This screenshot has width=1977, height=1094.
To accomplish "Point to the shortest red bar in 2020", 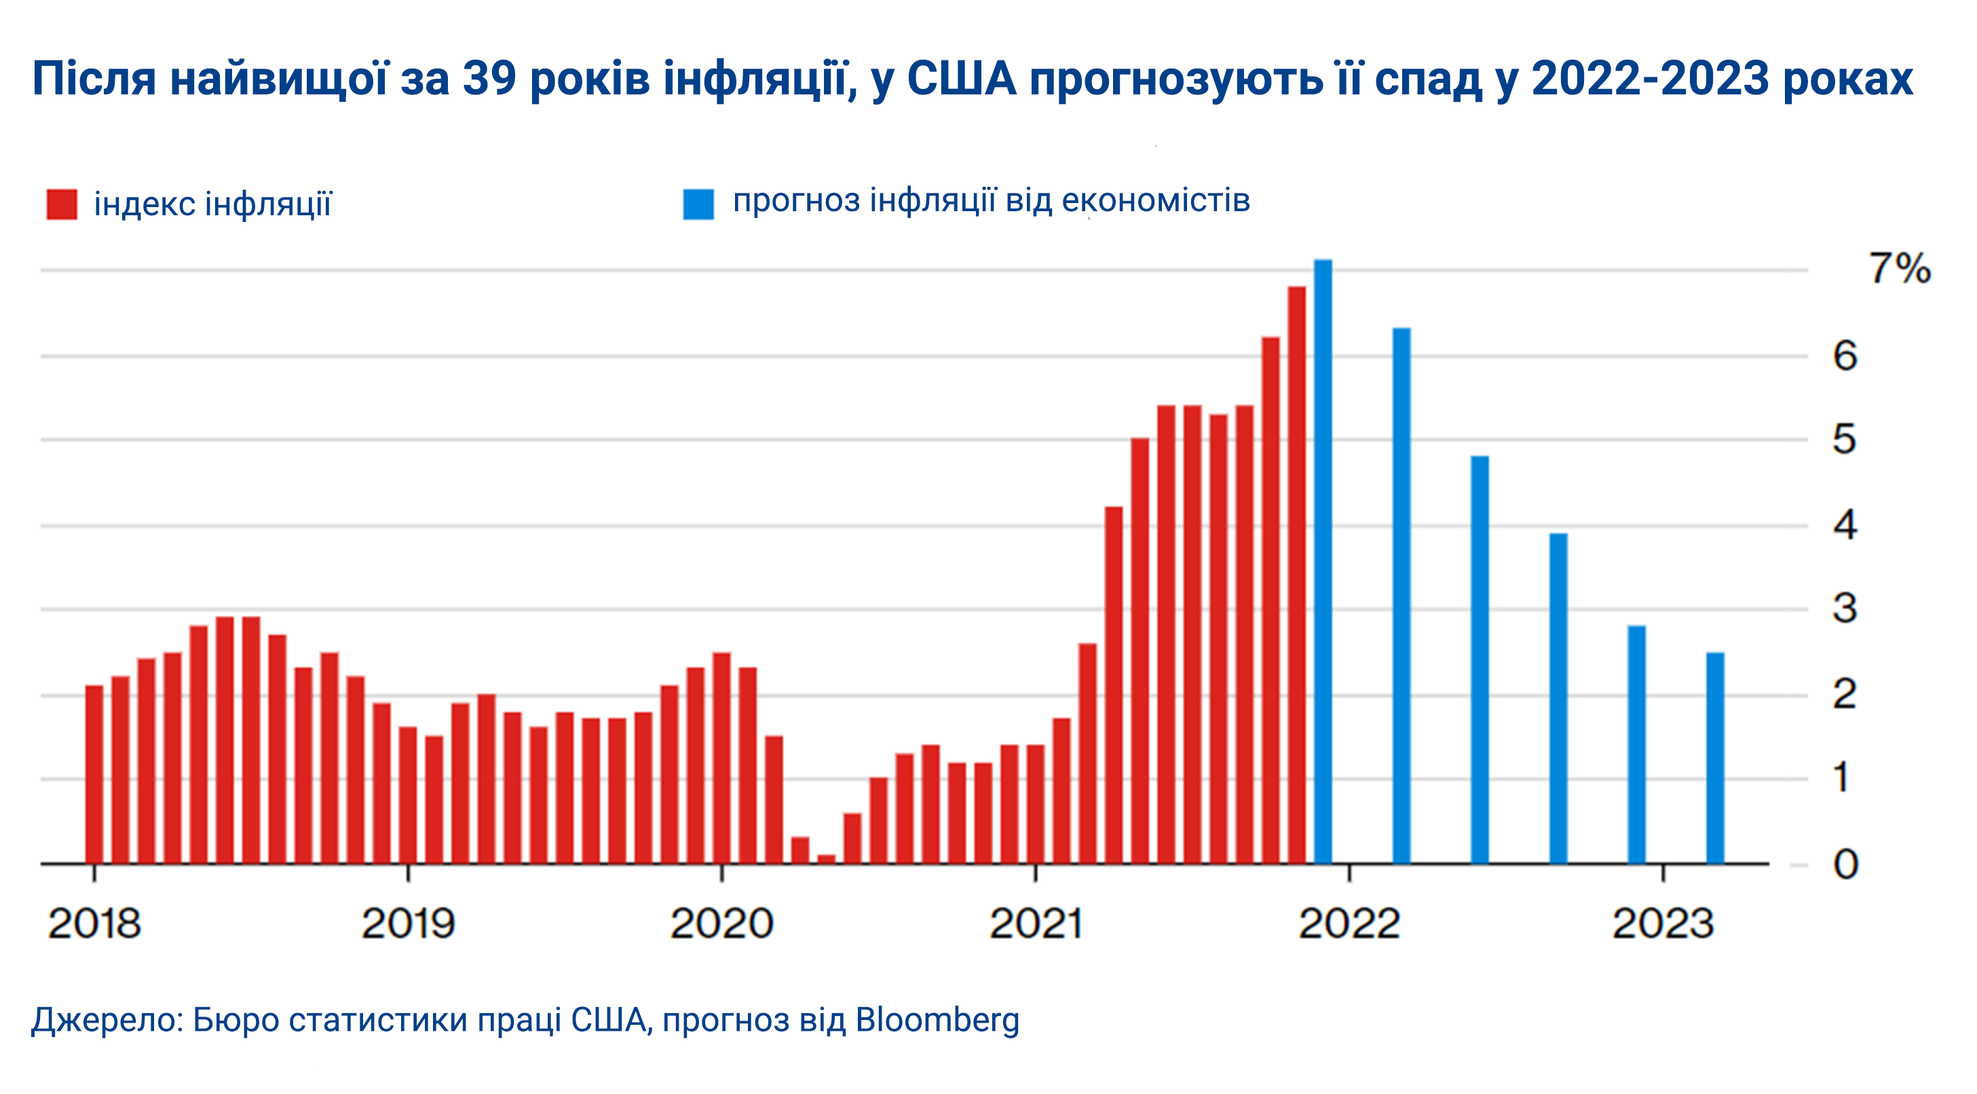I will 826,858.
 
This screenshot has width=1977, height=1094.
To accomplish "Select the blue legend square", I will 698,204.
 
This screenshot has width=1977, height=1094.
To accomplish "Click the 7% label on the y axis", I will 1899,270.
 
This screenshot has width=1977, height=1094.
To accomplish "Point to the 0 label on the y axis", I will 1845,864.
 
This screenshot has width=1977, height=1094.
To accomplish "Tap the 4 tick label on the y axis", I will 1845,526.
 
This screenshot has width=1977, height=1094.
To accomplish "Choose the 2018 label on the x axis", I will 94,923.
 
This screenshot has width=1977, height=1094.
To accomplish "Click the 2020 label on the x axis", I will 721,923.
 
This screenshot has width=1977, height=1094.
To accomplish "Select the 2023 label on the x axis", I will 1662,923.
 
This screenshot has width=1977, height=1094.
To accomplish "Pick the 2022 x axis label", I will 1349,923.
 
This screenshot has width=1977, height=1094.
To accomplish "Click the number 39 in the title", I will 489,78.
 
